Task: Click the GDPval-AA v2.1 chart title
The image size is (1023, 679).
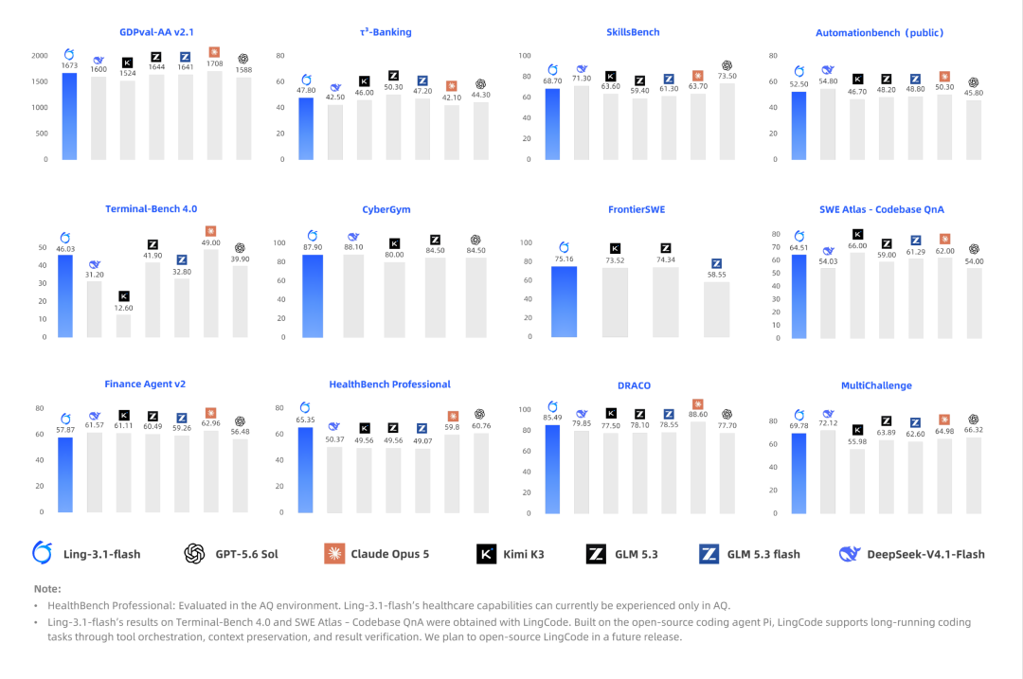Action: (x=156, y=32)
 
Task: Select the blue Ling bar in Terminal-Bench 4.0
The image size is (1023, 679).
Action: (x=65, y=295)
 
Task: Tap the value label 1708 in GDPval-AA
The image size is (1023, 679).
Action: (x=215, y=63)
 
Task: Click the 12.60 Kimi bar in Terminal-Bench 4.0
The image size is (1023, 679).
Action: (x=123, y=326)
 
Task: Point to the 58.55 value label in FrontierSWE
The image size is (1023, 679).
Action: (x=716, y=275)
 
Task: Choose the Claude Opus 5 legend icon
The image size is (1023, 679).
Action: (x=334, y=554)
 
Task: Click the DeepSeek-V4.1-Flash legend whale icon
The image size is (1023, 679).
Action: (x=850, y=554)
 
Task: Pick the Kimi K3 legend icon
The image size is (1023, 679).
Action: (x=486, y=554)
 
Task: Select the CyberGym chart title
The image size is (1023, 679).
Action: (x=386, y=209)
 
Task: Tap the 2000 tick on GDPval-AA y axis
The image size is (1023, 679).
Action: (x=40, y=56)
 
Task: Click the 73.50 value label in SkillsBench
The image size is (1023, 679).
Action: (x=727, y=76)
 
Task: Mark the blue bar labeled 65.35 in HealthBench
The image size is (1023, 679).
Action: (x=305, y=470)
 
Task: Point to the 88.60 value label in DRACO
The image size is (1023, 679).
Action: (x=698, y=414)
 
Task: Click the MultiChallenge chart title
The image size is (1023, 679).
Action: (x=876, y=385)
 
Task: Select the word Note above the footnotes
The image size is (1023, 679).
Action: (x=47, y=588)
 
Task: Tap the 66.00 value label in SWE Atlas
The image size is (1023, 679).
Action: (x=857, y=246)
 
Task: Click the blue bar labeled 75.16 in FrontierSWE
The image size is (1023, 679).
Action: (x=564, y=302)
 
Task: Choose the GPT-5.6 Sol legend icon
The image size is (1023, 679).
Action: (x=194, y=554)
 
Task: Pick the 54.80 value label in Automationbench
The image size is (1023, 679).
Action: (x=828, y=80)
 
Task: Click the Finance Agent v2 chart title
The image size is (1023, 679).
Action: (x=145, y=384)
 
